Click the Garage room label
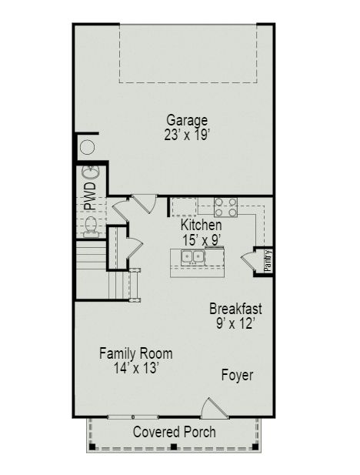187,120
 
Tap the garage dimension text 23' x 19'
187,134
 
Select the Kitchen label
202,225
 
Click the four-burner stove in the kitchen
225,206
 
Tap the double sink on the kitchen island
193,256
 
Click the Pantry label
268,259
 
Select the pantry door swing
251,260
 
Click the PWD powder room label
90,196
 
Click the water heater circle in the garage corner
87,147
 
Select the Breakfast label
235,309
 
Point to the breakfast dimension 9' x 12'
235,323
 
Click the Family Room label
136,353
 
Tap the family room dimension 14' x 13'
136,368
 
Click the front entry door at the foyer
212,408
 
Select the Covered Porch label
174,432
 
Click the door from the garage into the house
143,203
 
